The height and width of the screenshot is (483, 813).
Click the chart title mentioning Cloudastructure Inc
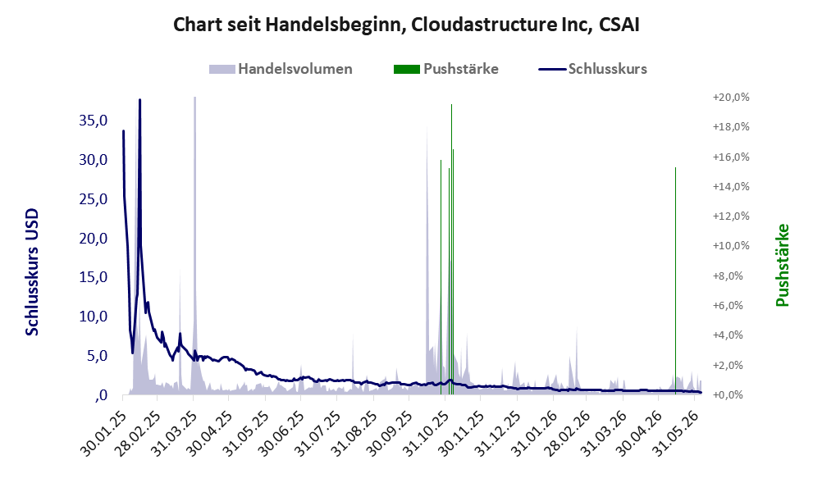coord(406,25)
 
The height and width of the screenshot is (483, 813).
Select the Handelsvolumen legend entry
coord(281,69)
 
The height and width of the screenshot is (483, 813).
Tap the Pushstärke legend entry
coord(446,69)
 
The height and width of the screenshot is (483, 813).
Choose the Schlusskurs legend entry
coord(592,69)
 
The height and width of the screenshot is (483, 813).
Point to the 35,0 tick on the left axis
coord(94,121)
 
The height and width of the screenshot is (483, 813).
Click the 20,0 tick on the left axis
coord(94,239)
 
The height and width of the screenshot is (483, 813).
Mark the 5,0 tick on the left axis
coord(97,356)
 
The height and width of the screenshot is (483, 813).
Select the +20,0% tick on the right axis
coord(731,98)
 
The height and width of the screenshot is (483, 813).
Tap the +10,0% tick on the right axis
coord(731,246)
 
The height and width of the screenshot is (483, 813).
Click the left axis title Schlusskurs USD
coord(32,272)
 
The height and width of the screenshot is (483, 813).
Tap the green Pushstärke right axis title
coord(782,265)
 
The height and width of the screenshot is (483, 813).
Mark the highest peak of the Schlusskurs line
coord(139,100)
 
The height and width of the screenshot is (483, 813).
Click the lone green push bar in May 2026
coord(676,280)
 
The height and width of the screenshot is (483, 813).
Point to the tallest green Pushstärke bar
coord(451,248)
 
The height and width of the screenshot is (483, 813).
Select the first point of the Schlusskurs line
coord(123,131)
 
